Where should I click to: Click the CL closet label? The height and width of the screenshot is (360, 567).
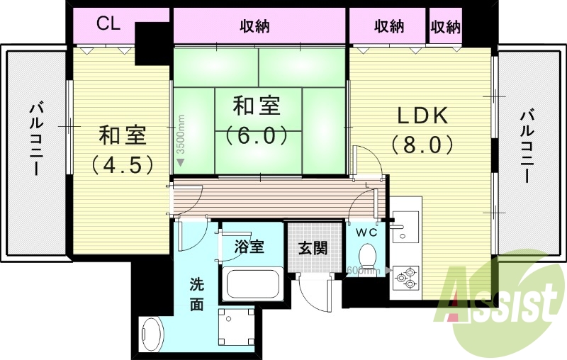(108, 24)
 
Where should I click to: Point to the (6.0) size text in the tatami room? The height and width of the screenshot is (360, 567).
(257, 134)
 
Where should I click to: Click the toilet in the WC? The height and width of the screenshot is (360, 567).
(367, 255)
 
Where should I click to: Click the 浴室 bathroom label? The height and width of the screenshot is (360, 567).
(249, 247)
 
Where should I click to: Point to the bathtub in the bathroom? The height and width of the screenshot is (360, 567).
(252, 286)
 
